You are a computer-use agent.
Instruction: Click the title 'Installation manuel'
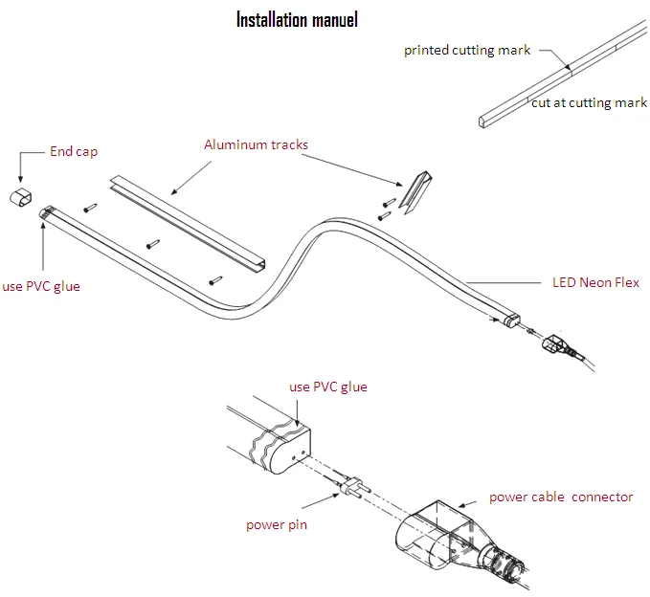pyautogui.click(x=297, y=19)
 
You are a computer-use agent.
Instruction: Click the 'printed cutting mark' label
pyautogui.click(x=466, y=51)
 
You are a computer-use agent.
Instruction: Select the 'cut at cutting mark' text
pyautogui.click(x=589, y=103)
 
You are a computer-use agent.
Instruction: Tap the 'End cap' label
pyautogui.click(x=74, y=152)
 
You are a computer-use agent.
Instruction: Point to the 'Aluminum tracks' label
pyautogui.click(x=256, y=145)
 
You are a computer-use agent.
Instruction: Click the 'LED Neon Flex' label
pyautogui.click(x=595, y=283)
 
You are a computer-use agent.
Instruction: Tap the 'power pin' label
pyautogui.click(x=276, y=524)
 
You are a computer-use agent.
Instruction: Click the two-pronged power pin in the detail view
pyautogui.click(x=349, y=488)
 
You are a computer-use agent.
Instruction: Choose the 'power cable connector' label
pyautogui.click(x=561, y=497)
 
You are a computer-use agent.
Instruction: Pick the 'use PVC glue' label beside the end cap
pyautogui.click(x=41, y=286)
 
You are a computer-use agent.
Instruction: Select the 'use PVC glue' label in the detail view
pyautogui.click(x=327, y=387)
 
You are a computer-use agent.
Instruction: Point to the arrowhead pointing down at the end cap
pyautogui.click(x=21, y=179)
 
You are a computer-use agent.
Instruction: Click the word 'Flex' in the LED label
pyautogui.click(x=626, y=283)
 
